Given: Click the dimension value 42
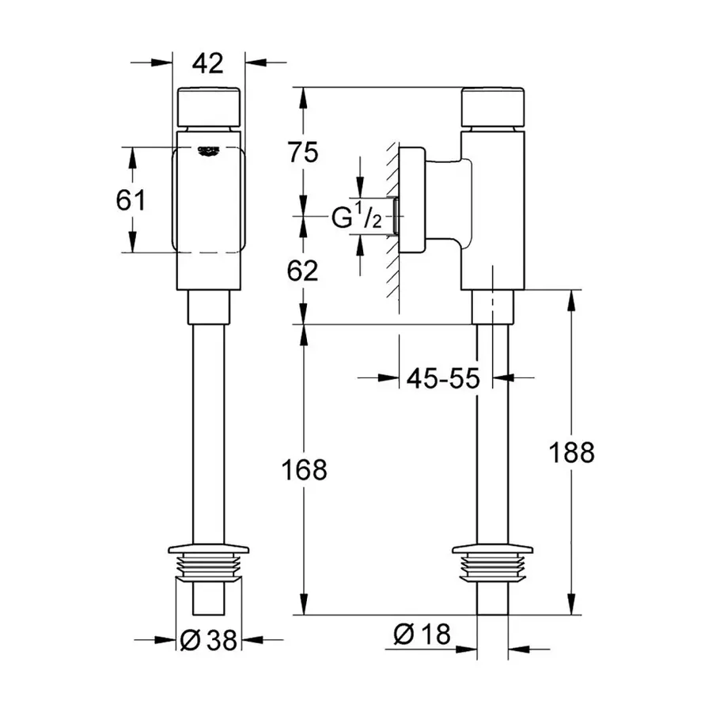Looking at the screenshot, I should tap(209, 62).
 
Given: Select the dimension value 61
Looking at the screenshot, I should tap(131, 200).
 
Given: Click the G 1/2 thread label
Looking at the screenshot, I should tap(357, 218).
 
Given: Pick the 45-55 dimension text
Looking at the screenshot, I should tap(443, 379).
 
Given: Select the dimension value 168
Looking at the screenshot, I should tap(305, 469).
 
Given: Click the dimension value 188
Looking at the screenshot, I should tap(572, 453).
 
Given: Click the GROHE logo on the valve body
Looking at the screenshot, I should tap(209, 150).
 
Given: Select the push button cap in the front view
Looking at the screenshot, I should tap(209, 108).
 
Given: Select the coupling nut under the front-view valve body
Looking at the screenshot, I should tap(209, 306).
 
